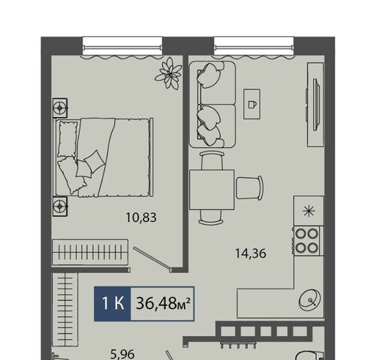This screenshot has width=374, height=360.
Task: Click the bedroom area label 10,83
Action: point(141,217)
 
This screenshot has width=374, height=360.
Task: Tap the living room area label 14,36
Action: point(251,253)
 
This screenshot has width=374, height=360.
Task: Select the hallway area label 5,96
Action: point(122,354)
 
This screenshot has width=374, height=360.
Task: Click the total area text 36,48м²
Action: point(163,304)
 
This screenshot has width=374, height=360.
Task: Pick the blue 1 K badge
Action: point(113,304)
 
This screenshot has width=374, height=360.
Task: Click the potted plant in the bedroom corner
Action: point(168,73)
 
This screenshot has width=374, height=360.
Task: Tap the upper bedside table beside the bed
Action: point(60,108)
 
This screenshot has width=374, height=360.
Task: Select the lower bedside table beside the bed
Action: point(60,206)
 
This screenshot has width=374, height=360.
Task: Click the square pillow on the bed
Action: point(94,161)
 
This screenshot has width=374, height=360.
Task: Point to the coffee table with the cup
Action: point(252,104)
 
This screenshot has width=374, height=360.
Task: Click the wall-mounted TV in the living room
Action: point(316,104)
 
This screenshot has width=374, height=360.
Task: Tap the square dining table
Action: point(212,190)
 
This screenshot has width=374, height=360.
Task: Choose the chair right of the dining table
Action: point(249,187)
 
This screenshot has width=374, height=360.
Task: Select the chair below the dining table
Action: point(210,217)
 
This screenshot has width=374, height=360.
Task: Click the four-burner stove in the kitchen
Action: point(307,241)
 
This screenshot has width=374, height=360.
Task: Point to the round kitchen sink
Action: point(310,299)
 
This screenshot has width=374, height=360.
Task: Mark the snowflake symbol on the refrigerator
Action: point(309,211)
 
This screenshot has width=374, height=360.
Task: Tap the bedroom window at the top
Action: point(122,46)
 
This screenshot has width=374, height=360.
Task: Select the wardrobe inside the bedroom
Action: point(90,253)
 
